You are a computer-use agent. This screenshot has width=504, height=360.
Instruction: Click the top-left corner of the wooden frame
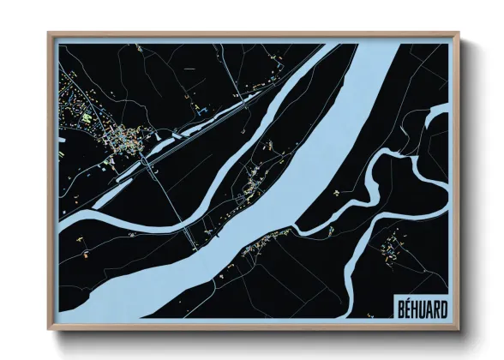[x=50, y=34]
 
